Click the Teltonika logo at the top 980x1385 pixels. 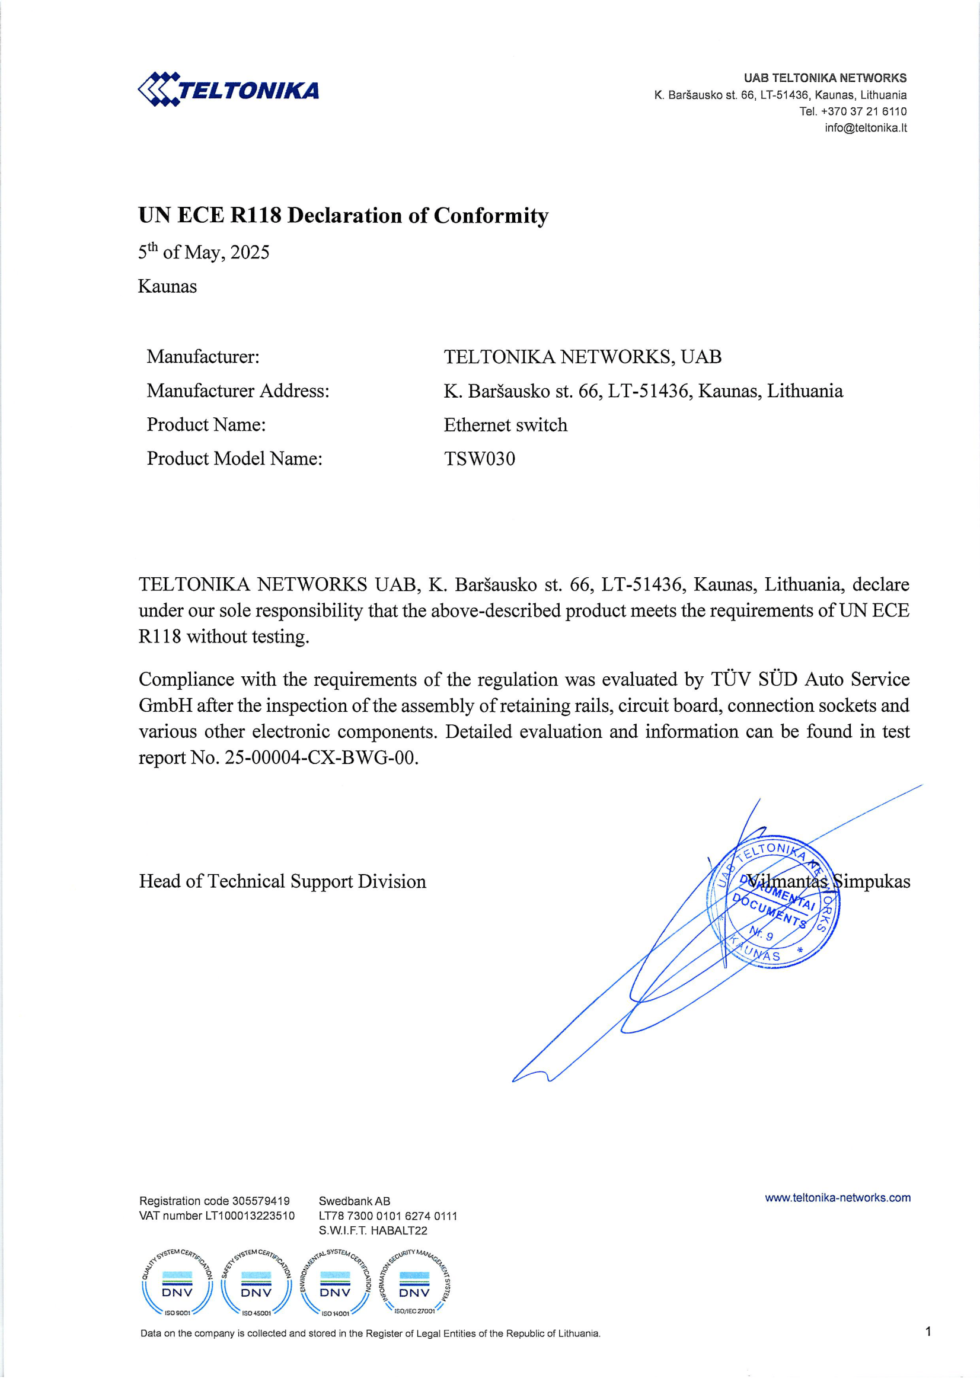[228, 90]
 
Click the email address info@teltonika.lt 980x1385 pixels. [866, 128]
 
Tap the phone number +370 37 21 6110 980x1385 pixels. [863, 111]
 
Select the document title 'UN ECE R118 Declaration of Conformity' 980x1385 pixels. [343, 215]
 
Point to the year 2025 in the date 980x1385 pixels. [249, 252]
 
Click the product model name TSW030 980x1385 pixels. [479, 459]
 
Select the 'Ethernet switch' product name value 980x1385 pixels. [505, 426]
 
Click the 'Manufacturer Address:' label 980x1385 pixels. [238, 391]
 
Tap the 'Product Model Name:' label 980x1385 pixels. [234, 459]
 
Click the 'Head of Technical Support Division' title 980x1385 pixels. [282, 881]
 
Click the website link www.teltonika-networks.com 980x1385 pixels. [838, 1197]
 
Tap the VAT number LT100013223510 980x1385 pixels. [250, 1216]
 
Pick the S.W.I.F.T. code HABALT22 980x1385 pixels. [399, 1230]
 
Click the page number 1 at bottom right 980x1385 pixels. [928, 1331]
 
